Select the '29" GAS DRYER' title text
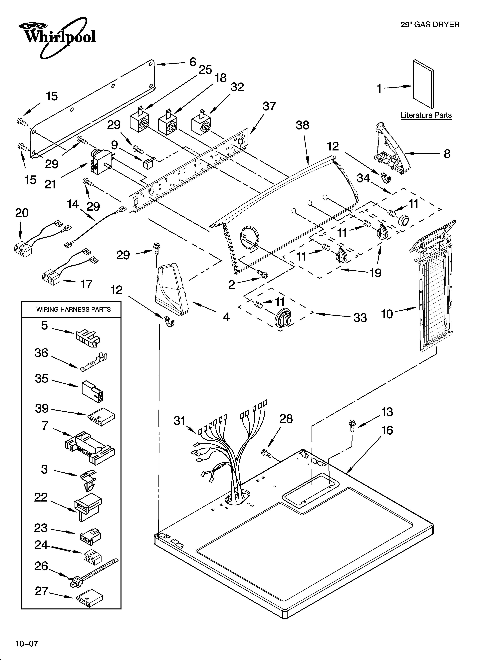(430, 25)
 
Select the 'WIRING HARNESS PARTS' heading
(73, 309)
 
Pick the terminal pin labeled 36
(93, 361)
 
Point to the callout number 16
(387, 430)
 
